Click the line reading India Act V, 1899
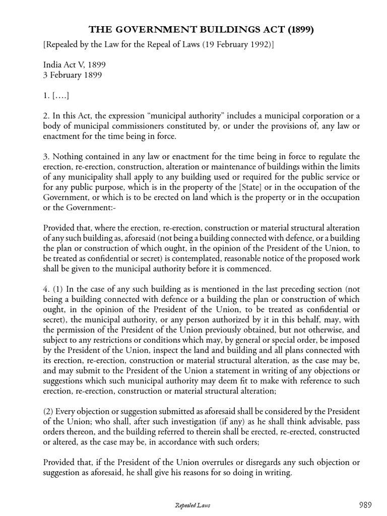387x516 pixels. pos(75,66)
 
